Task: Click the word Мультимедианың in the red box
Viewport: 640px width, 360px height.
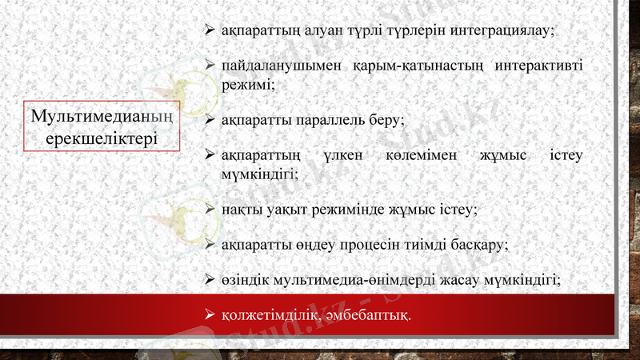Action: tap(102, 117)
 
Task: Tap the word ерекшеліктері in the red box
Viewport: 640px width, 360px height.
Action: tap(102, 138)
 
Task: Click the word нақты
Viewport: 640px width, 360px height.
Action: tap(242, 209)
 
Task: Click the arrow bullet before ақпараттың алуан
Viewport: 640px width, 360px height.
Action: tap(210, 30)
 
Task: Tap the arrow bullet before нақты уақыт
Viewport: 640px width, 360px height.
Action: tap(210, 209)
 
